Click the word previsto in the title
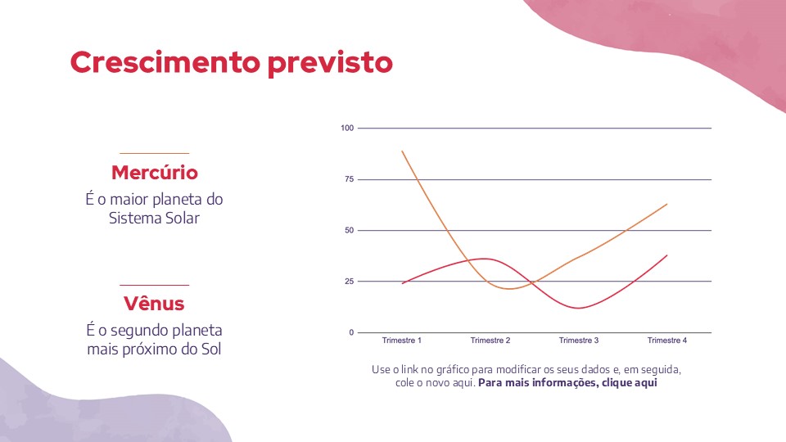coord(330,62)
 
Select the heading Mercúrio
coord(155,173)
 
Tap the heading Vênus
coord(154,304)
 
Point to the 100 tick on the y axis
coord(347,129)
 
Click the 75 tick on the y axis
coord(349,179)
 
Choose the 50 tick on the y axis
coord(349,230)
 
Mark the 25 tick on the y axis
coord(349,282)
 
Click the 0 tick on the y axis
coord(351,332)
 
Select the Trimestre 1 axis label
coord(402,341)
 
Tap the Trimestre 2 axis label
coord(490,341)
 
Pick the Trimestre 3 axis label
coord(579,341)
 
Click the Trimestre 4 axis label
coord(667,341)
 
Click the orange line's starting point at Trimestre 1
coord(403,151)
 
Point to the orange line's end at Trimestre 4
coord(667,204)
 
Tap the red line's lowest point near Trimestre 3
coord(580,308)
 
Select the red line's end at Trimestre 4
coord(667,255)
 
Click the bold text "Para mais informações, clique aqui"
coord(568,383)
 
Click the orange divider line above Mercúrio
coord(154,153)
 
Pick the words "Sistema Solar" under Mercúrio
coord(154,219)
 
